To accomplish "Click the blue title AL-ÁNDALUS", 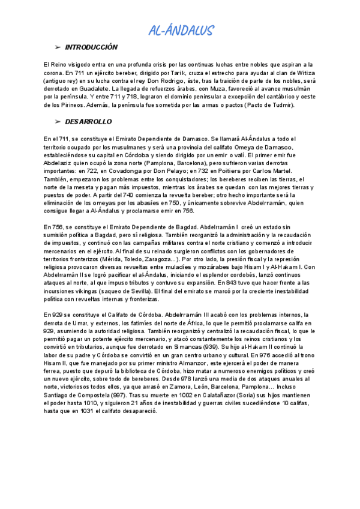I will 181,31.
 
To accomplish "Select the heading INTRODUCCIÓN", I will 91,47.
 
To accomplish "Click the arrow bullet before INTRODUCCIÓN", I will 58,47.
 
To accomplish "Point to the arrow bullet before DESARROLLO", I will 58,121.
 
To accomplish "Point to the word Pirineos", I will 68,104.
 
